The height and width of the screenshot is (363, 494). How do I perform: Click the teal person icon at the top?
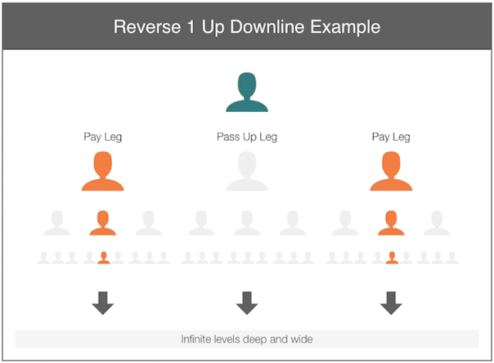[247, 92]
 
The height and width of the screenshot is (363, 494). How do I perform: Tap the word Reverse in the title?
[147, 27]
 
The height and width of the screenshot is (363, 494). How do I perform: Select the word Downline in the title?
[267, 27]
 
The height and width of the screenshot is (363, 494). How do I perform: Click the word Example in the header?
[345, 27]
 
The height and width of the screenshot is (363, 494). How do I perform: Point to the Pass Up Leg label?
[247, 137]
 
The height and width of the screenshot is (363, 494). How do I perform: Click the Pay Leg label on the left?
[103, 137]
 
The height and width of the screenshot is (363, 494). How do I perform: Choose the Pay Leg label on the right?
[391, 137]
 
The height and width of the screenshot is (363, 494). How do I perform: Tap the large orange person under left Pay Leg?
[103, 171]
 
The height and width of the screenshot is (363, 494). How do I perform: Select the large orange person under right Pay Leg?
[391, 171]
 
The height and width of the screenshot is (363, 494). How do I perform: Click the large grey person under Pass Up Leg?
[247, 171]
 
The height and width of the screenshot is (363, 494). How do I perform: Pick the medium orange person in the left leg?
[103, 222]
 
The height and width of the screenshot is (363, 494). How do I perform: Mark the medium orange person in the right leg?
[391, 222]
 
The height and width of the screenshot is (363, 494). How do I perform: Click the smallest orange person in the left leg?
[103, 258]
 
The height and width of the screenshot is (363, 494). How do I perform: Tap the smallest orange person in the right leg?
[392, 258]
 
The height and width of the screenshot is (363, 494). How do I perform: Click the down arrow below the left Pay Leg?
[103, 303]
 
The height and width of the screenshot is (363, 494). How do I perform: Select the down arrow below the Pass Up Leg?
[247, 303]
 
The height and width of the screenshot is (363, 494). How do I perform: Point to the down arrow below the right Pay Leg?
[391, 303]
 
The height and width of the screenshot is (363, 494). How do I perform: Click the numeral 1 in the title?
[191, 27]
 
